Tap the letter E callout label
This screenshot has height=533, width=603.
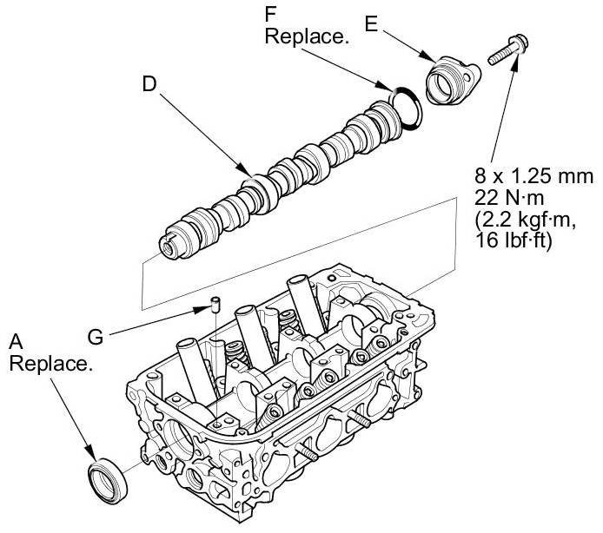tap(371, 25)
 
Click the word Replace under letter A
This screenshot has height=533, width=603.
tap(50, 362)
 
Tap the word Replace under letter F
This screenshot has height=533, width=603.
tap(301, 37)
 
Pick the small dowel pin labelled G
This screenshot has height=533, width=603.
tap(213, 305)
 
